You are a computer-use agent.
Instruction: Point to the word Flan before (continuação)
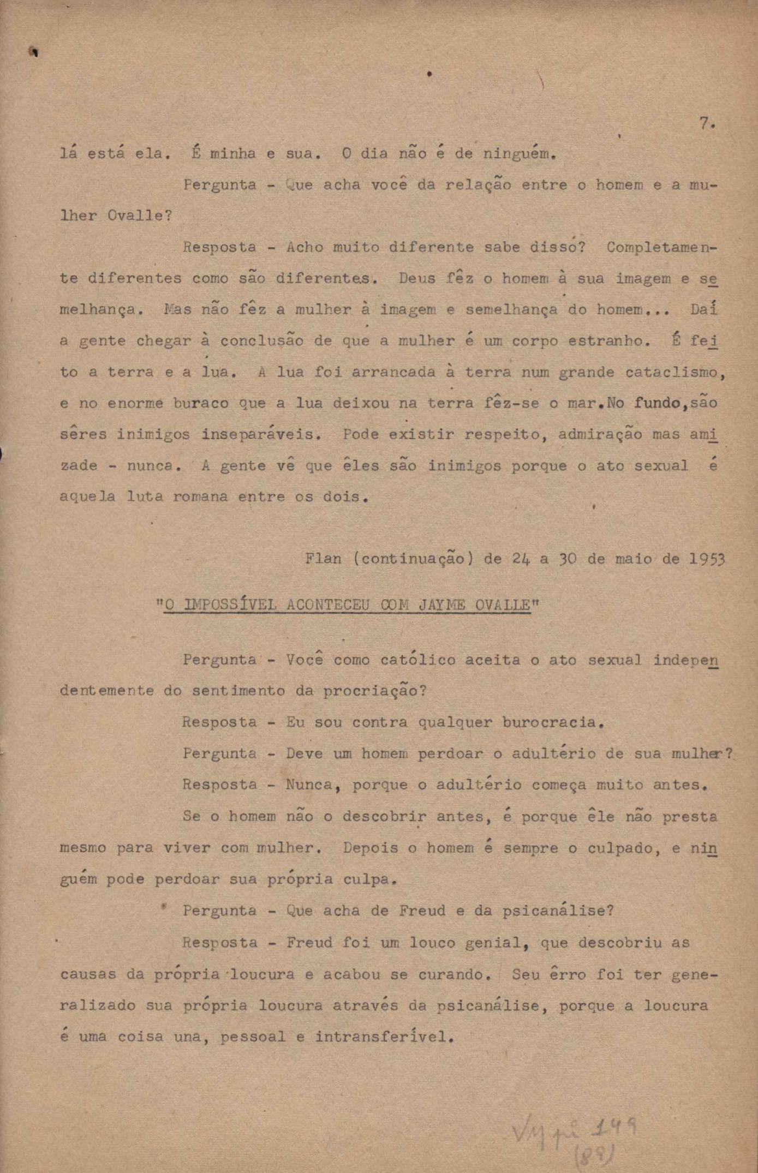323,559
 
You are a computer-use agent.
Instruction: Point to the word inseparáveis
260,435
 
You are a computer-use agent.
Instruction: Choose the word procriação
374,692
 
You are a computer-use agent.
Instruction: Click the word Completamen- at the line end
661,248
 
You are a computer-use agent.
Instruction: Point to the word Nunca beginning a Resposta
308,786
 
